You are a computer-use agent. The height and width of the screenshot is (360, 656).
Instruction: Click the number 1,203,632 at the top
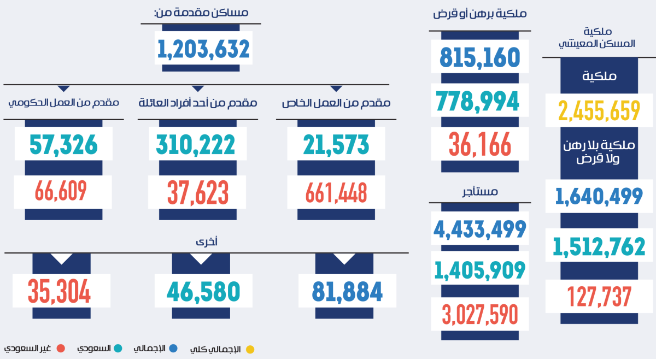pyautogui.click(x=204, y=49)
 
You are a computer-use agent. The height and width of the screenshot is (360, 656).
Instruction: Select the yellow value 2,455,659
pyautogui.click(x=599, y=110)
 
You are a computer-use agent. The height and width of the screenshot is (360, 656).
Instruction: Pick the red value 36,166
pyautogui.click(x=481, y=144)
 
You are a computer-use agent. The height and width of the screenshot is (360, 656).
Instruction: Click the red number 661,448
pyautogui.click(x=336, y=192)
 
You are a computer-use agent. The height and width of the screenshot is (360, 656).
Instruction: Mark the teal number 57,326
pyautogui.click(x=63, y=144)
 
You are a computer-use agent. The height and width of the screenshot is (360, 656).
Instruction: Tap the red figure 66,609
pyautogui.click(x=61, y=191)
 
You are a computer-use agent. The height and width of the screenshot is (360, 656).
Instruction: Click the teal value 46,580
pyautogui.click(x=203, y=291)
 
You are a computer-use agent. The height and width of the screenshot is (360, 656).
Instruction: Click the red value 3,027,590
pyautogui.click(x=480, y=314)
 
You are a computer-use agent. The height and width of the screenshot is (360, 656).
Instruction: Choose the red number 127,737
pyautogui.click(x=599, y=297)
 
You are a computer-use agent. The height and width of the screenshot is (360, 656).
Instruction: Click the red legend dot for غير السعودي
pyautogui.click(x=61, y=349)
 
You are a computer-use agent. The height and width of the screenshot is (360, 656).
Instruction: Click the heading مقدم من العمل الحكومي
pyautogui.click(x=63, y=102)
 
